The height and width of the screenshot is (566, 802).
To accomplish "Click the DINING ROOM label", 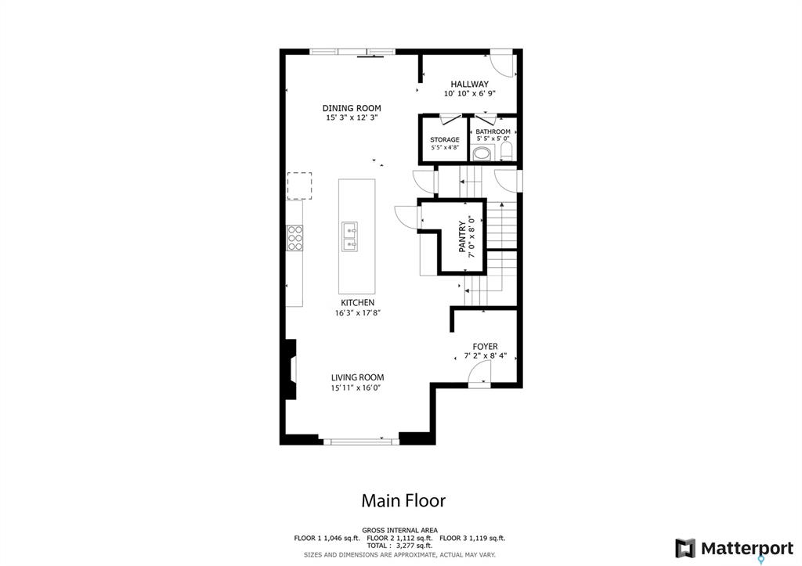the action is pos(352,108).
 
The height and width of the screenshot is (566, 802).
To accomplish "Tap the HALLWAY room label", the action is pos(470,84).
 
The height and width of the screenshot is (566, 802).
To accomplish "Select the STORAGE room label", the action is pos(445,139).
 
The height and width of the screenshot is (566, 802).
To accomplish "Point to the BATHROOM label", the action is pos(493,132).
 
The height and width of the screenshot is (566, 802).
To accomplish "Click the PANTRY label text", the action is pos(462,236).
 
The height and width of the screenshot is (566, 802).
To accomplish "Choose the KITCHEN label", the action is pos(357,303).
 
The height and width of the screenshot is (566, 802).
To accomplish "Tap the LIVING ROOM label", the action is pos(357,378).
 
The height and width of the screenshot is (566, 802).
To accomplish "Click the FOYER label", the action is pos(485,347).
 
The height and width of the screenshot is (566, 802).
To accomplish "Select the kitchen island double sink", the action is pos(350,236).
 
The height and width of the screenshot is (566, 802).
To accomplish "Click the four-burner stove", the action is pos(295,238).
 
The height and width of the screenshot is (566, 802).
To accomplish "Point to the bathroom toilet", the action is pos(507,151).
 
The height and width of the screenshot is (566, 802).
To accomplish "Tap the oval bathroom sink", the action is pos(482,153).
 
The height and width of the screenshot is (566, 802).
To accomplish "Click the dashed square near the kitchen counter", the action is pos(300,186).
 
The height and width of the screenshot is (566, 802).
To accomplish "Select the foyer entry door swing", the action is pos(480,372).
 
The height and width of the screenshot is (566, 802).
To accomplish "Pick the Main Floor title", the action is pos(403,500).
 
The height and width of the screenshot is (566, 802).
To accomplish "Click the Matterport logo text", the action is pos(747,549).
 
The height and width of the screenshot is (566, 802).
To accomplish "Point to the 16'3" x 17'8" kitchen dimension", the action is pos(357,313).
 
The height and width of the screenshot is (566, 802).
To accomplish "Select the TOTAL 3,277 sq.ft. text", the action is pos(399,546).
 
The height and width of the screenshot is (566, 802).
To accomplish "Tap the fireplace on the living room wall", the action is pos(291,370).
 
